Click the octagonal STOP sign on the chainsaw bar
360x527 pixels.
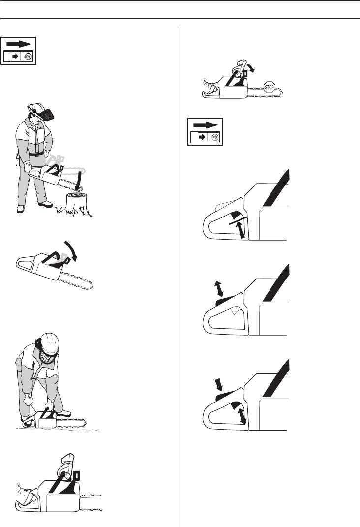(270, 87)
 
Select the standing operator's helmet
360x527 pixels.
(35, 108)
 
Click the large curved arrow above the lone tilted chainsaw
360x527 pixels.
(72, 249)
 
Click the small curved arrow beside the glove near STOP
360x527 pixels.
(251, 67)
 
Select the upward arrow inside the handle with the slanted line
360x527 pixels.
(240, 229)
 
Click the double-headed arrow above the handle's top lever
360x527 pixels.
(219, 289)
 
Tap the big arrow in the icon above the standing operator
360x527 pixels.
(19, 44)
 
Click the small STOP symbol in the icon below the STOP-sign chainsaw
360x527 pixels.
(215, 137)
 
